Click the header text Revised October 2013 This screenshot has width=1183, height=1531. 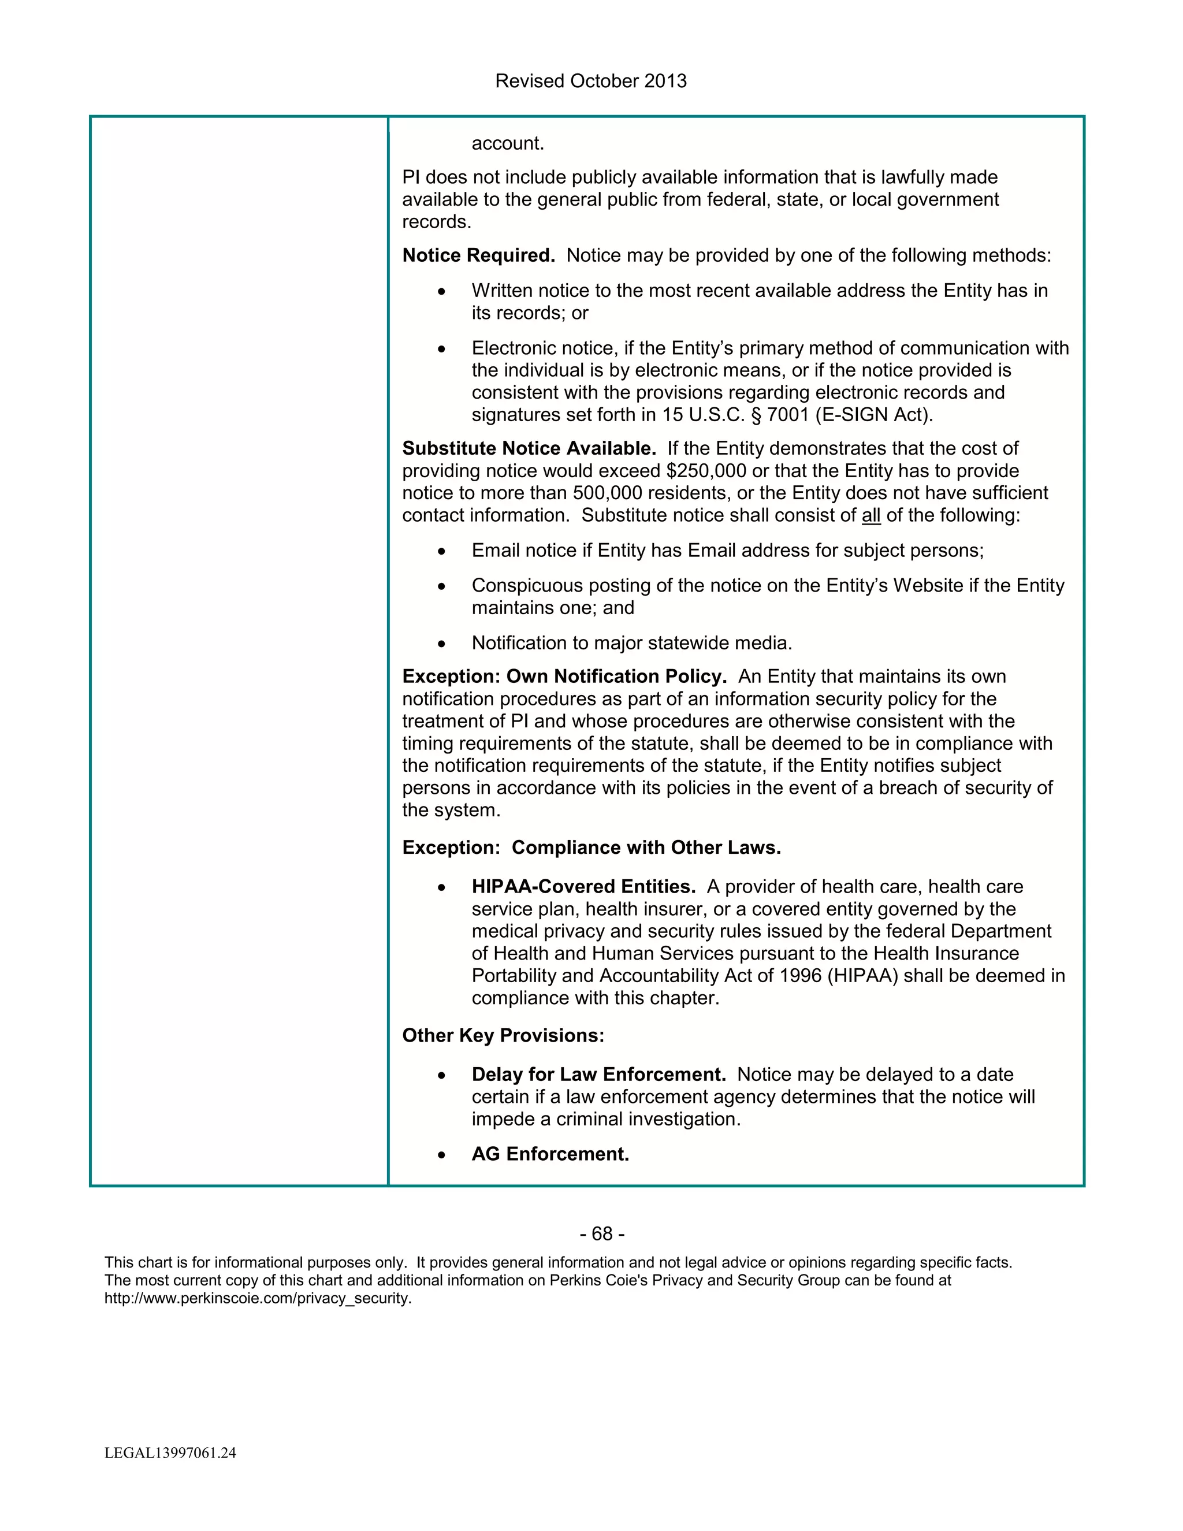pyautogui.click(x=591, y=81)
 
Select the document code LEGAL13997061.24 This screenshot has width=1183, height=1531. pyautogui.click(x=170, y=1453)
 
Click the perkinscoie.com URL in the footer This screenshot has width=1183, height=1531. pyautogui.click(x=258, y=1298)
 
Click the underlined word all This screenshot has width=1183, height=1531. pyautogui.click(x=870, y=515)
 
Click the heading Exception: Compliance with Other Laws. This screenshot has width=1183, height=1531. pyautogui.click(x=591, y=848)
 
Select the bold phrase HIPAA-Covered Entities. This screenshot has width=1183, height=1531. pyautogui.click(x=583, y=887)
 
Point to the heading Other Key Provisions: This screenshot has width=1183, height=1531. pyautogui.click(x=503, y=1035)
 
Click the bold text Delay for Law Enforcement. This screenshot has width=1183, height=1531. pyautogui.click(x=598, y=1075)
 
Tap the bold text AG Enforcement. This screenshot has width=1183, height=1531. pyautogui.click(x=550, y=1154)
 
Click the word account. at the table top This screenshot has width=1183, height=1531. pyautogui.click(x=507, y=144)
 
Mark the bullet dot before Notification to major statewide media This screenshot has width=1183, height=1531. pyautogui.click(x=441, y=644)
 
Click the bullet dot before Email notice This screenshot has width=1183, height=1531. pyautogui.click(x=441, y=552)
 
